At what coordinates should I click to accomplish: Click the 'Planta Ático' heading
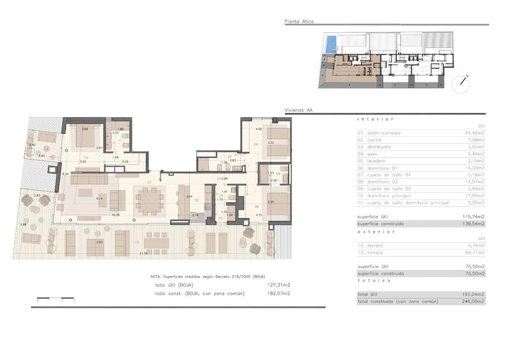click(x=299, y=22)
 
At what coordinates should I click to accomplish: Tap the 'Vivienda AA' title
click(x=299, y=110)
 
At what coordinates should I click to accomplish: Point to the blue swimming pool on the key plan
click(x=329, y=44)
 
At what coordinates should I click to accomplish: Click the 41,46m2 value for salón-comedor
click(x=474, y=133)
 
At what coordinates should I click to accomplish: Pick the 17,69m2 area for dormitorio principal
click(x=474, y=196)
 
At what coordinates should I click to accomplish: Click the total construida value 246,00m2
click(x=474, y=300)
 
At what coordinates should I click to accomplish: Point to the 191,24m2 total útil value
click(x=474, y=293)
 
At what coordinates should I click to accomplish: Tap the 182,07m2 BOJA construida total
click(x=278, y=293)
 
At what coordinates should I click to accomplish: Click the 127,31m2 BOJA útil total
click(x=278, y=285)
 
